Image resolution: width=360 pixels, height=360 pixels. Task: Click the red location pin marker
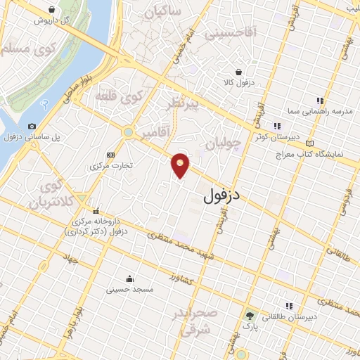point(181,165)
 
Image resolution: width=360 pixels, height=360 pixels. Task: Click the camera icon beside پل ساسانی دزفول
point(32,126)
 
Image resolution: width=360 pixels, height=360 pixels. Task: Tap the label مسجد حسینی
point(129,288)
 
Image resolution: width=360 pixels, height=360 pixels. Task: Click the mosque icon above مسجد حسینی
point(129,278)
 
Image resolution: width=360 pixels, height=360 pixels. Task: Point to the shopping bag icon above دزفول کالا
point(239,72)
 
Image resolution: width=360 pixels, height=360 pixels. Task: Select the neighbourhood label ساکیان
point(181,12)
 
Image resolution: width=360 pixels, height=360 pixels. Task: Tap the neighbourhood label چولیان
point(224,144)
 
